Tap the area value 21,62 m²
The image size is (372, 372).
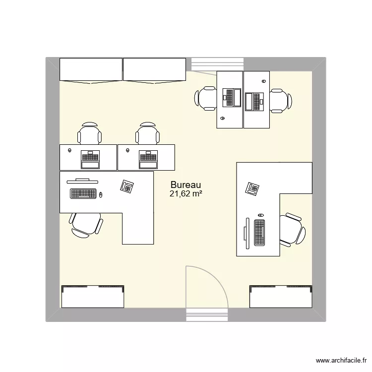(x=186, y=194)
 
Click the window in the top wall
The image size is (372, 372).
(x=218, y=64)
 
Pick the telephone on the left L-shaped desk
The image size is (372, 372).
(x=127, y=186)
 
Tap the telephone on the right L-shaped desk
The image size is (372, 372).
(x=252, y=188)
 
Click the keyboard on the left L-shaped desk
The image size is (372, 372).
(x=83, y=193)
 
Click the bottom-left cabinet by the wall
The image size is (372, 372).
(x=92, y=298)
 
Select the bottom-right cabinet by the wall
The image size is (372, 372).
(x=281, y=298)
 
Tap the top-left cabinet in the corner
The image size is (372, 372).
(x=91, y=69)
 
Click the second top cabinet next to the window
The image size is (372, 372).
(x=154, y=69)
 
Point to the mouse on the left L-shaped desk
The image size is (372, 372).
(x=101, y=194)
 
